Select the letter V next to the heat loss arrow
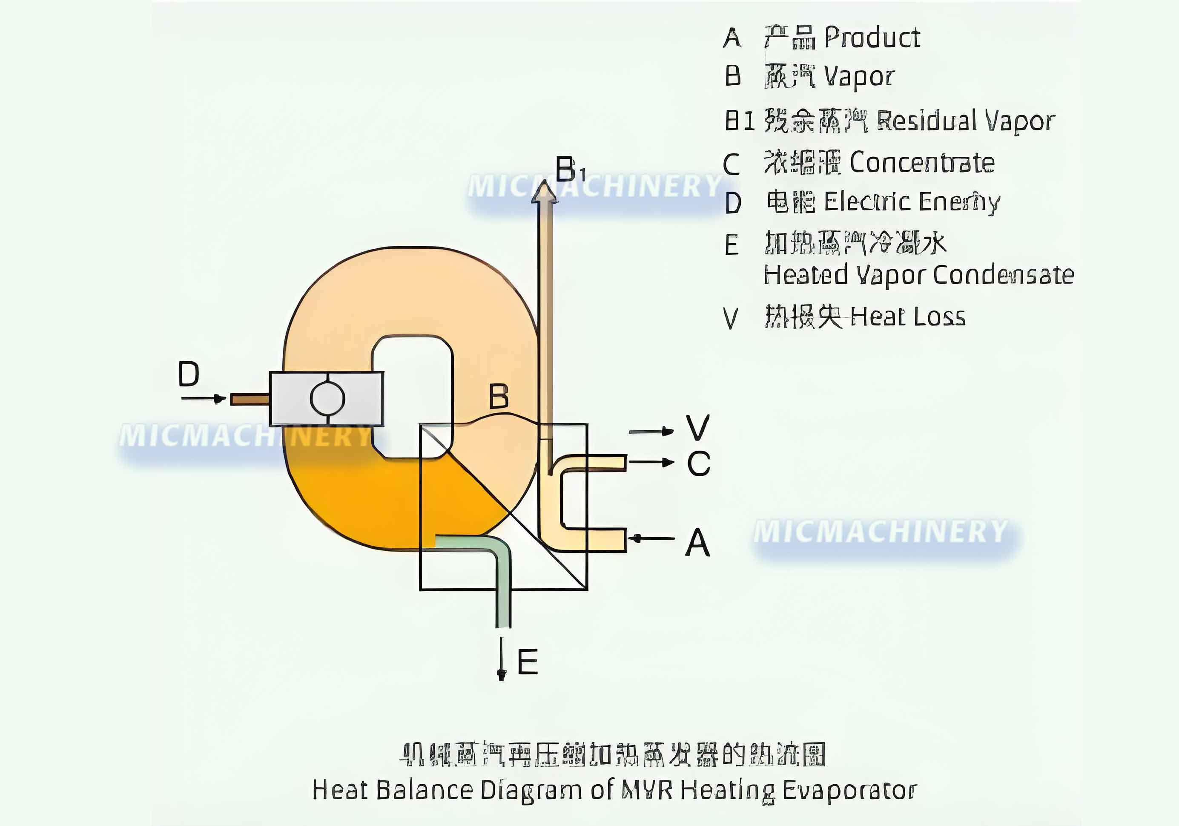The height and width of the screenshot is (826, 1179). click(x=698, y=427)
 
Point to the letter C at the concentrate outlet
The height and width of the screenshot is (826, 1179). click(x=698, y=463)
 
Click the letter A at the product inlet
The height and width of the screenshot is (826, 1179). click(x=698, y=542)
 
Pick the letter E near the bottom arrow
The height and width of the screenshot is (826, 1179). click(x=528, y=662)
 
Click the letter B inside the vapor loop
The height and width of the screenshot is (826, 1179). click(x=499, y=396)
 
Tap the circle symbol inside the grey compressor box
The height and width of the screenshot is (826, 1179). click(x=327, y=399)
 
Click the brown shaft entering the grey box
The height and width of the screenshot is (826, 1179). click(x=250, y=399)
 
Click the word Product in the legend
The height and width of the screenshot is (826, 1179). click(x=872, y=37)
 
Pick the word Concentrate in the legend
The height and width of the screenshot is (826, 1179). click(x=922, y=163)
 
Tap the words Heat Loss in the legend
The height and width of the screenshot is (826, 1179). click(x=908, y=317)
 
